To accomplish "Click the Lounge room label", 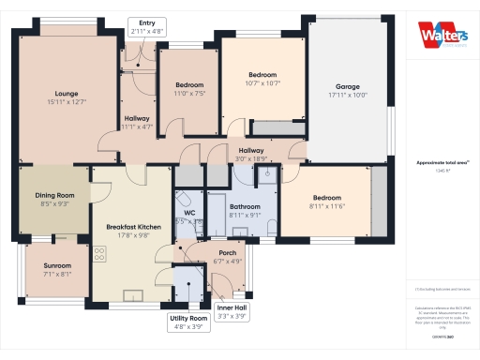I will click(x=66, y=97).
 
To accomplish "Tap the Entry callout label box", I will click(x=146, y=27).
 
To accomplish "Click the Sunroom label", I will click(x=57, y=270).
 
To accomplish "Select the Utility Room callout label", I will click(x=186, y=323).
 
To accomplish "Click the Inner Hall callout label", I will click(x=232, y=312).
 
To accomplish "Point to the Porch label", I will click(x=227, y=256).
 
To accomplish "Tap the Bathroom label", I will click(x=245, y=210).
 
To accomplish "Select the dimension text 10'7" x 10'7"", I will click(x=262, y=83).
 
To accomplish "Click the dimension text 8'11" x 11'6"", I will click(x=326, y=206).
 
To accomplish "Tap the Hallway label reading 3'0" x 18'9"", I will click(x=250, y=155).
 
